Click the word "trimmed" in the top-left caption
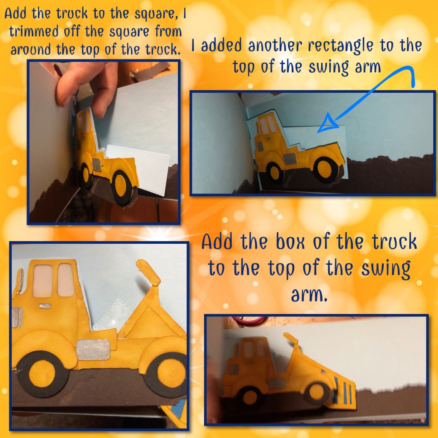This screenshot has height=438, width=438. [x=34, y=31]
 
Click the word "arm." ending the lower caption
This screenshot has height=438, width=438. [x=309, y=295]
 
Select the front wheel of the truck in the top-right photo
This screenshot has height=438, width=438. [x=275, y=173]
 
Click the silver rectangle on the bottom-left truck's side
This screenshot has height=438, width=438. [x=93, y=350]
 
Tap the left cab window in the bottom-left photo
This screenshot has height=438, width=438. [x=42, y=281]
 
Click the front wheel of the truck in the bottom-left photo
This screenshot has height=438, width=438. [x=42, y=374]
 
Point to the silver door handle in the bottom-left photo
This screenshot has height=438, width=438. [x=44, y=306]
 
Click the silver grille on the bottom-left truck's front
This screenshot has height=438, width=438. [x=17, y=317]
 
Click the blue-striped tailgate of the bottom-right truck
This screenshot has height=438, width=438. [x=343, y=391]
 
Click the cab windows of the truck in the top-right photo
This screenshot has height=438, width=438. [x=268, y=124]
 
